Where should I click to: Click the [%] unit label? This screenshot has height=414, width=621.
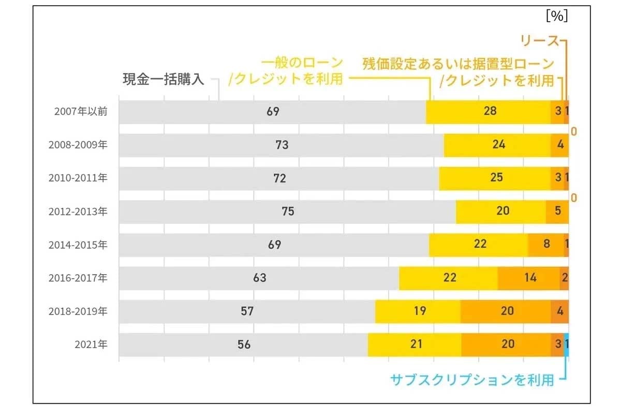[x=557, y=16]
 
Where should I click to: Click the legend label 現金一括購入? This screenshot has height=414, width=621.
[x=164, y=79]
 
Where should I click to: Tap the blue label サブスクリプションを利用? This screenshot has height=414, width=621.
[x=472, y=380]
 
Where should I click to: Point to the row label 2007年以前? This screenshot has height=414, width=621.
[x=81, y=111]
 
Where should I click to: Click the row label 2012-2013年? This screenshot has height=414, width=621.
[x=78, y=211]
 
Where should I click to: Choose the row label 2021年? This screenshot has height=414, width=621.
[x=91, y=344]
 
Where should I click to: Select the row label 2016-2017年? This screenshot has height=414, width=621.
[x=78, y=278]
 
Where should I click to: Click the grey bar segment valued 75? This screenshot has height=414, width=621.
[x=287, y=211]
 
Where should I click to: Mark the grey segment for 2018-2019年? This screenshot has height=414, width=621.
[x=247, y=311]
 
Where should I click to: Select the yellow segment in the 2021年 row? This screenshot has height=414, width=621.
[x=414, y=344]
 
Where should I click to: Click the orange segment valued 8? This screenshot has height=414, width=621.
[x=545, y=245]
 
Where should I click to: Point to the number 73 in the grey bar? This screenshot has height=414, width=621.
[x=282, y=145]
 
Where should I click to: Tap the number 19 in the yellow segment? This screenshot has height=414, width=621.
[x=420, y=311]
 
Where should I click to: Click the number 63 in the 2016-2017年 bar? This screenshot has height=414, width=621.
[x=259, y=278]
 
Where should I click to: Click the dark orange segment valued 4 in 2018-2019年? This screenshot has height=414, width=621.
[x=559, y=311]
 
